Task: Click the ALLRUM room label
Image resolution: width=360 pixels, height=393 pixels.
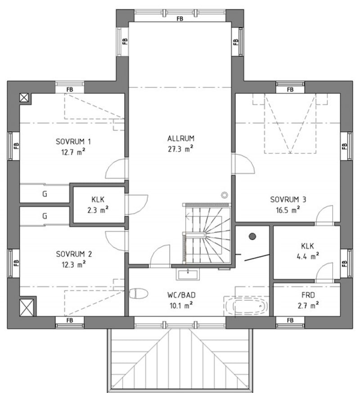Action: tap(180, 138)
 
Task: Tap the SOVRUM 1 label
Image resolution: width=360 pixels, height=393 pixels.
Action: tap(73, 142)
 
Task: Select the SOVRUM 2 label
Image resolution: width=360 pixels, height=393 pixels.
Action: tap(74, 254)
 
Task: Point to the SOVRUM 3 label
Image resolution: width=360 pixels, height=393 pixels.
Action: tap(288, 199)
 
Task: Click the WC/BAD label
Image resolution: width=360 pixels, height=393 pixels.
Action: tap(181, 295)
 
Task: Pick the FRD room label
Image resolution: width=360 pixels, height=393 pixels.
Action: tap(308, 295)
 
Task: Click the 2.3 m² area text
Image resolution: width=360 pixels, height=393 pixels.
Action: tap(98, 210)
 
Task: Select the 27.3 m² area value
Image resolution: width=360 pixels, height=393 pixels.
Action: tap(180, 149)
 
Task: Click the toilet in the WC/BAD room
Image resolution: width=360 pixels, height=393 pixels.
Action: tap(139, 294)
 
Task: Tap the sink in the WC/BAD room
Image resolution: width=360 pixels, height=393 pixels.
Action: tap(188, 274)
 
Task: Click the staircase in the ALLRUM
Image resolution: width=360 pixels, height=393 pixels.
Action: tap(207, 233)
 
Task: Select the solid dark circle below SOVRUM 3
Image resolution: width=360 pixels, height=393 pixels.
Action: tap(252, 236)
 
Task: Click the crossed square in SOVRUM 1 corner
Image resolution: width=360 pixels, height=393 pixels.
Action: tap(24, 98)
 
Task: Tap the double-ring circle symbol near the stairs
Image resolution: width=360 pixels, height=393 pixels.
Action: tap(225, 195)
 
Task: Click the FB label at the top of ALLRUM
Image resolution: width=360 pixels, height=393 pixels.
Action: tap(180, 18)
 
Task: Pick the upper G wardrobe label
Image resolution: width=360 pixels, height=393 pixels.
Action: tap(45, 194)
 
